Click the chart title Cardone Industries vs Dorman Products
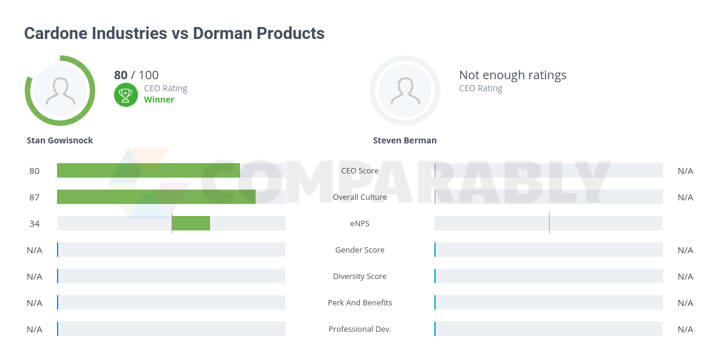coord(174,34)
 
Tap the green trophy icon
coord(125,94)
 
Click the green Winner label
coord(159,100)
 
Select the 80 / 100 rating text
coord(136,75)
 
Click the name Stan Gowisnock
coord(60,140)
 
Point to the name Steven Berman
coord(404,140)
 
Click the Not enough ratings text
coord(512,75)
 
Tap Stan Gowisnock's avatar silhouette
coord(60,91)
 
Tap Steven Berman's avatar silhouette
coord(405,91)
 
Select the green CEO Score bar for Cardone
coord(148,170)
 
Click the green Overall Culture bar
coord(156,197)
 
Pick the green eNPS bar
coord(191,223)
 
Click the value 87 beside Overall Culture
coord(34,197)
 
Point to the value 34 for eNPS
coord(34,223)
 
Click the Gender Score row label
coord(359,250)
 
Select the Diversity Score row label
coord(359,276)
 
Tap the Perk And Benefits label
coord(359,302)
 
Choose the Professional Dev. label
coord(359,329)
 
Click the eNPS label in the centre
coord(359,223)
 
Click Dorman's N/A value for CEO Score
coord(685,170)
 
